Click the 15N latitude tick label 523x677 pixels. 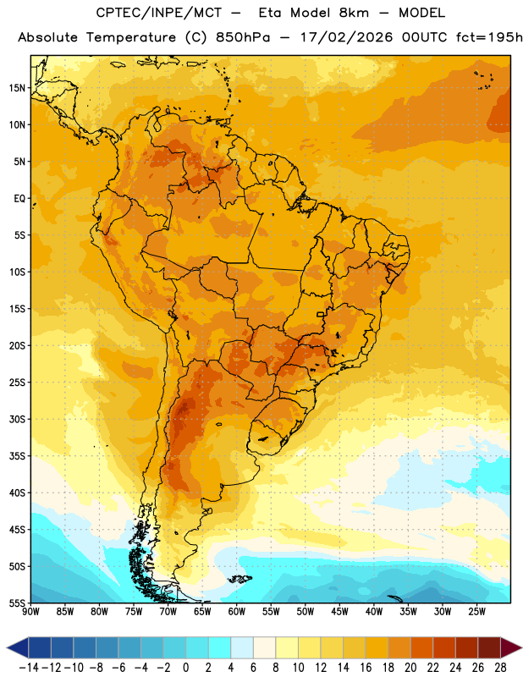(x=17, y=88)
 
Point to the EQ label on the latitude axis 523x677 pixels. (x=19, y=199)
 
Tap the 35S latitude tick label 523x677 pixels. (x=17, y=456)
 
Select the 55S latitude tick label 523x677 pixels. (x=17, y=603)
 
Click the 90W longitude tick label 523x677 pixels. (x=30, y=612)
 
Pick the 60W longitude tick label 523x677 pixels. (x=237, y=612)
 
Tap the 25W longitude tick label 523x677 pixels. (x=476, y=612)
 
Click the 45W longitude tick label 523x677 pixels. (x=339, y=612)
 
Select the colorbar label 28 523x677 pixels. (x=500, y=668)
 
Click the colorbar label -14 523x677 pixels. (x=29, y=668)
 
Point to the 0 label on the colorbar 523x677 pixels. (x=185, y=668)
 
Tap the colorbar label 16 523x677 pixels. (x=366, y=668)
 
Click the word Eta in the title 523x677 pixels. (x=270, y=13)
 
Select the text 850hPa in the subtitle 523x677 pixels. (x=243, y=37)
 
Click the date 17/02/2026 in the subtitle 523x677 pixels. (x=347, y=37)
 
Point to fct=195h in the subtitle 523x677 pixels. (x=489, y=37)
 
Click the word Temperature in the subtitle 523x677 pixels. (x=131, y=37)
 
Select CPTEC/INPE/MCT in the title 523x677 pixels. (x=158, y=13)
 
